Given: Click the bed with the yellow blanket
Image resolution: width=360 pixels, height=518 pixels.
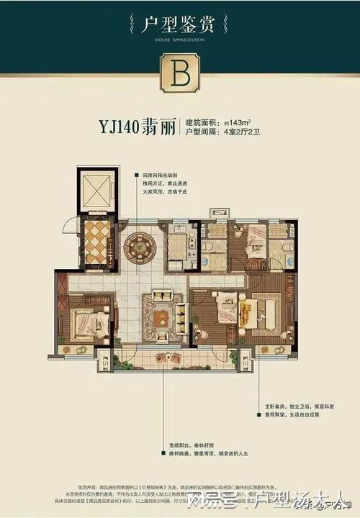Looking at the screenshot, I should [x=256, y=313].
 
